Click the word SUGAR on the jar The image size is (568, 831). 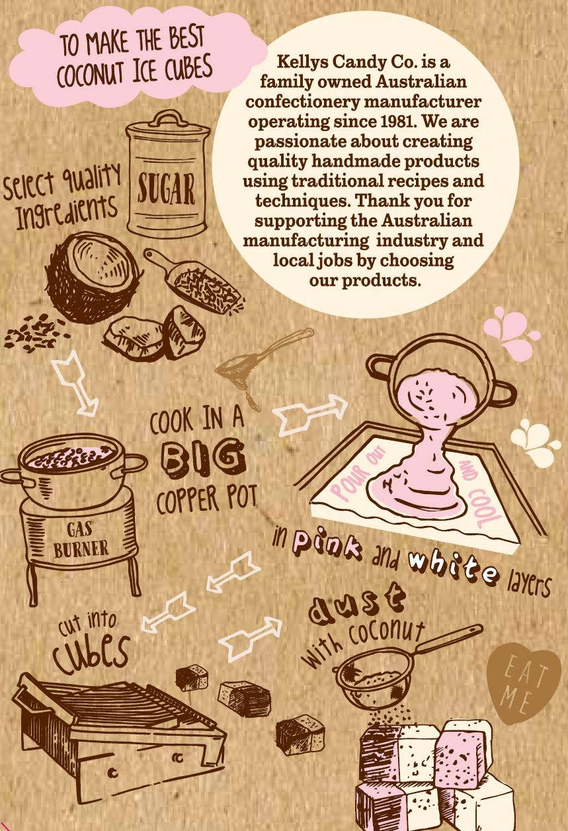coord(166,190)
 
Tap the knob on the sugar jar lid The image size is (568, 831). coord(167,117)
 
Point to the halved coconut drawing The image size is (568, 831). coord(93,277)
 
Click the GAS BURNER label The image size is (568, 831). coord(81,538)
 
